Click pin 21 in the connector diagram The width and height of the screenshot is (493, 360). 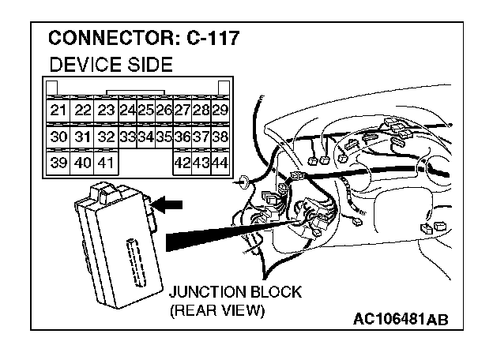tap(58, 110)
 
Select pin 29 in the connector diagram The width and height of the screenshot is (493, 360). tap(220, 110)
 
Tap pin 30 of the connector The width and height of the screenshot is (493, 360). tap(58, 136)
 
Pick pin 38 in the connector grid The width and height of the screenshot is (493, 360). tap(220, 136)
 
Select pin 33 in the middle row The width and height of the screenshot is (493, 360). tap(127, 136)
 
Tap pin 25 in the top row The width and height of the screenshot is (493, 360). tap(145, 110)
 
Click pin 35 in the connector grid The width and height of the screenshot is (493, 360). tap(164, 136)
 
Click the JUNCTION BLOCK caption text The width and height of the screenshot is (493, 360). tap(235, 292)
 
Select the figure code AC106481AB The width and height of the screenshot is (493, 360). tap(401, 319)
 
